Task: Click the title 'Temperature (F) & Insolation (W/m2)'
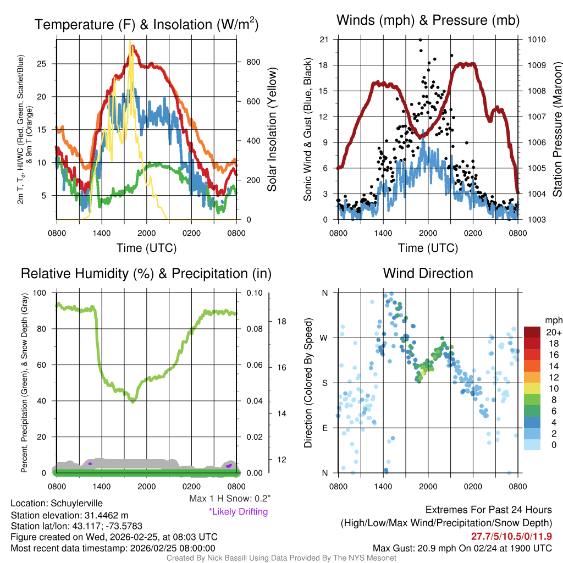146,24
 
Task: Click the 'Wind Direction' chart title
428,273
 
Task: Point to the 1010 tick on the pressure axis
537,40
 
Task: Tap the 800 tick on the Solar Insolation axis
253,62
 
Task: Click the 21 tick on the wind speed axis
324,40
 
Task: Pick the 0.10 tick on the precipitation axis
254,292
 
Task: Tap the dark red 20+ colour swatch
532,332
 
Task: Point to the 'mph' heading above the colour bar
553,320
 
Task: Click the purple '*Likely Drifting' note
238,512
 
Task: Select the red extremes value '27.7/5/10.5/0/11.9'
511,537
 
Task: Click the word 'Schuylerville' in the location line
76,503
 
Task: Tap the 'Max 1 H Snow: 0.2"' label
229,499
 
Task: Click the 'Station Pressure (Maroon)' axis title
557,130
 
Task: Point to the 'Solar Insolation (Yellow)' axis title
272,130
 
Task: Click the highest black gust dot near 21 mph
420,40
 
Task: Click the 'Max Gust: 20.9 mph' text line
462,548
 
